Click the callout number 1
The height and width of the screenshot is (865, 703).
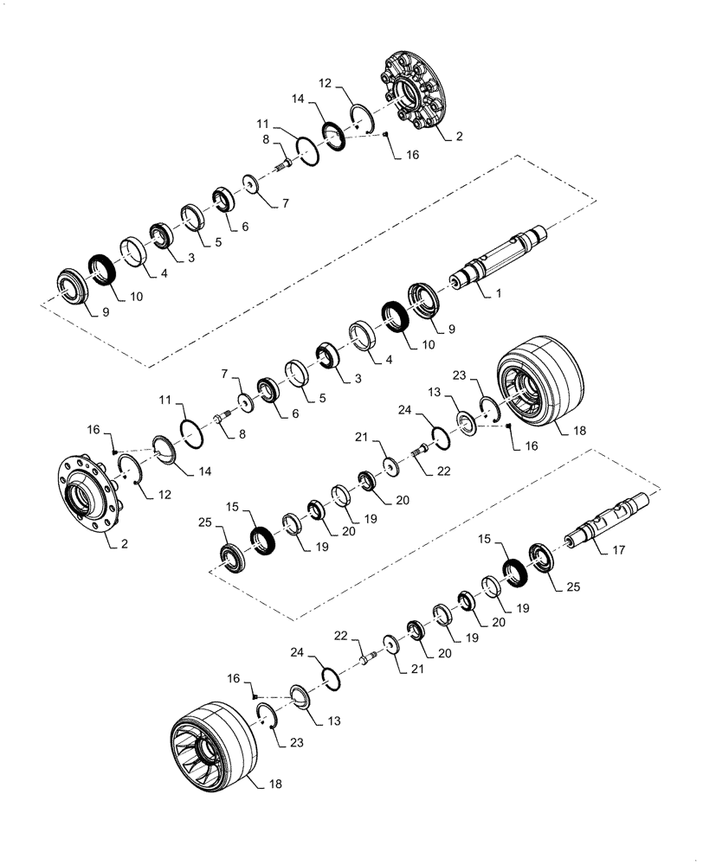(x=498, y=295)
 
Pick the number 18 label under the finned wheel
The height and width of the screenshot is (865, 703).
(x=274, y=784)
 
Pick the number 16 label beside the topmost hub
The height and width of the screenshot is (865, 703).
(x=412, y=155)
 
